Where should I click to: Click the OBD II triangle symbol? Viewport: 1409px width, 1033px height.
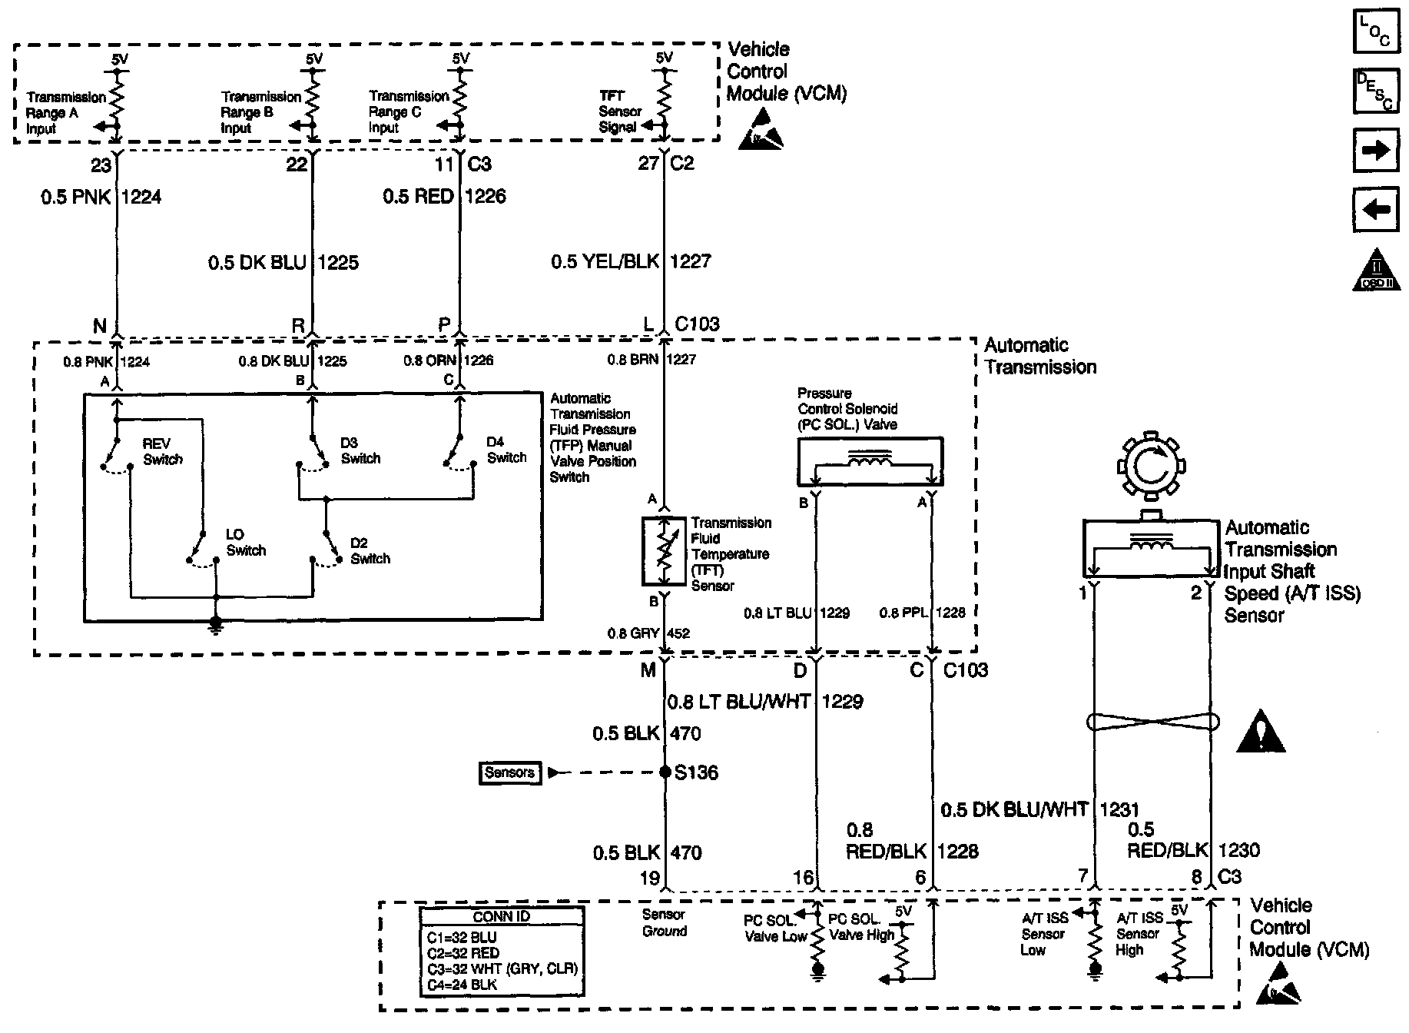[x=1376, y=271]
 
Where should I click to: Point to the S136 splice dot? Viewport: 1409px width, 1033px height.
[x=665, y=772]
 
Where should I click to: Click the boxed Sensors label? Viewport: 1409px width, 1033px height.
[x=510, y=772]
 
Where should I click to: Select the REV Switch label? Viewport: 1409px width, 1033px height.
[x=162, y=452]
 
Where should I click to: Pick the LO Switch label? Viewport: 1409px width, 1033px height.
[x=245, y=543]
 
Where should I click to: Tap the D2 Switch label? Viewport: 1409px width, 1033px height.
[x=370, y=551]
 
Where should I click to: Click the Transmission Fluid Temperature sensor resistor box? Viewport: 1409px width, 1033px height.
[x=663, y=552]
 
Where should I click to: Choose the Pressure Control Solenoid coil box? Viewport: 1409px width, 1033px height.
[x=870, y=462]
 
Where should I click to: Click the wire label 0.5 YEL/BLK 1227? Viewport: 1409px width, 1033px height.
[x=630, y=262]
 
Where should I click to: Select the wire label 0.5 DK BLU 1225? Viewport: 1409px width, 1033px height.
[x=283, y=263]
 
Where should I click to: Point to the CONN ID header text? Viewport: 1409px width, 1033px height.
[x=501, y=917]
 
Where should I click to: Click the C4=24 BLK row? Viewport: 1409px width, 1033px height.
[x=462, y=985]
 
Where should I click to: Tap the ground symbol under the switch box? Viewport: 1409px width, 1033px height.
[x=216, y=625]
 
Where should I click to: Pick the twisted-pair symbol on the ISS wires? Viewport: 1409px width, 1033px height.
[x=1152, y=722]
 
